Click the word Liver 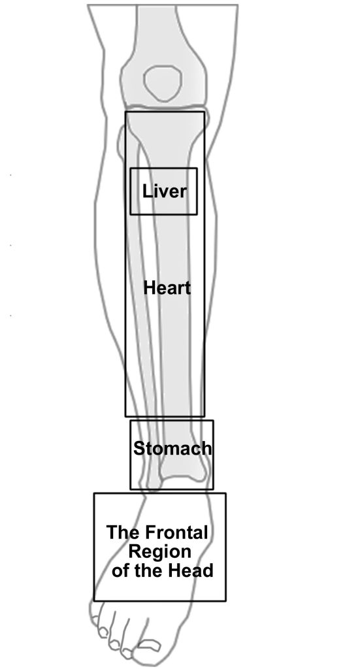(164, 191)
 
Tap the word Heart (167, 287)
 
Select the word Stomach (172, 448)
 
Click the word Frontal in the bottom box (176, 532)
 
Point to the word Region (159, 552)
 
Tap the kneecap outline (163, 83)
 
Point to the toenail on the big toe (150, 645)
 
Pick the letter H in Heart (149, 287)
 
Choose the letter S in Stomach (139, 448)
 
